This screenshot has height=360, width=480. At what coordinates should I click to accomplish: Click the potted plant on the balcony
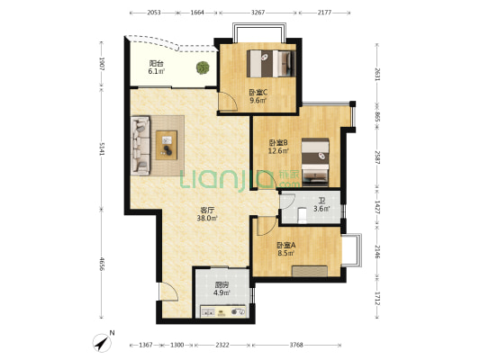(x=203, y=67)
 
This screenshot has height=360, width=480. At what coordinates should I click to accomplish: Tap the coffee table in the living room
(x=167, y=145)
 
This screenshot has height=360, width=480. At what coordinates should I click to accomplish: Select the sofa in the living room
(x=140, y=146)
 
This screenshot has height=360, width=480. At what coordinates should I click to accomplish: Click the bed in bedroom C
(x=271, y=64)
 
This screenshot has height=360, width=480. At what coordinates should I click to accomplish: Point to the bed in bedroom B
(x=315, y=162)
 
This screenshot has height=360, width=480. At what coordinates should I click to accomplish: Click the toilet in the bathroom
(x=303, y=215)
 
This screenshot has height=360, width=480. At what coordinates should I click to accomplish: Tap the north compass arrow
(x=103, y=342)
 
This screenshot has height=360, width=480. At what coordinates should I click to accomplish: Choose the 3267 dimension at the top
(x=258, y=13)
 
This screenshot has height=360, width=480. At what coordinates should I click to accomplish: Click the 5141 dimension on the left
(x=102, y=148)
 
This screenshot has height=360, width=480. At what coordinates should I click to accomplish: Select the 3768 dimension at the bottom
(x=296, y=345)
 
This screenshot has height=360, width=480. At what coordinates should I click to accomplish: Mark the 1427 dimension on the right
(x=377, y=208)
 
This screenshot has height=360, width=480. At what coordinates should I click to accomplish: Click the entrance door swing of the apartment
(x=168, y=292)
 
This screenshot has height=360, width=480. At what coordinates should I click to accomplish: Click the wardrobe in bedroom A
(x=310, y=272)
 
